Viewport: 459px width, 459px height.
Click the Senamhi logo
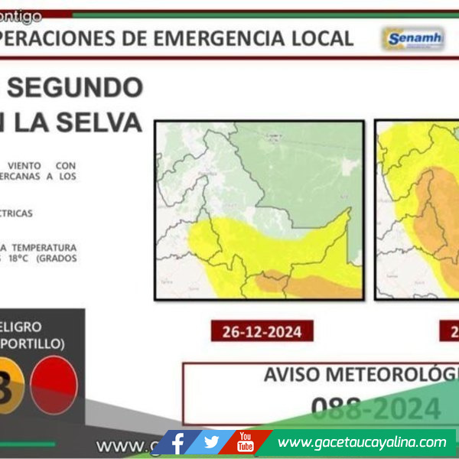pyautogui.click(x=413, y=38)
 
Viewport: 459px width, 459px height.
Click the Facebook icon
pyautogui.click(x=177, y=442)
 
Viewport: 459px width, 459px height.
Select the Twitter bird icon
pyautogui.click(x=212, y=442)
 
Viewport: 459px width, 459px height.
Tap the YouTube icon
pyautogui.click(x=245, y=442)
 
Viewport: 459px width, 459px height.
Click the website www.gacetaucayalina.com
pyautogui.click(x=362, y=442)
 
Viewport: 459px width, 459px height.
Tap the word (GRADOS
pyautogui.click(x=57, y=259)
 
